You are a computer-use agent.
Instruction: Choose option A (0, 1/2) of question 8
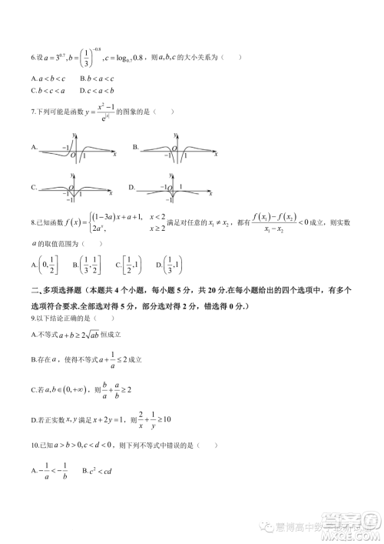(45, 265)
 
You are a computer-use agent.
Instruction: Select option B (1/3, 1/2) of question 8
(88, 265)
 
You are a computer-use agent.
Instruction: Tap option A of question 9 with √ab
(77, 335)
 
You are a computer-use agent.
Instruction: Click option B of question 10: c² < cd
(107, 470)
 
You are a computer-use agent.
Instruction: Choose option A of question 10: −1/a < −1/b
(52, 470)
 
